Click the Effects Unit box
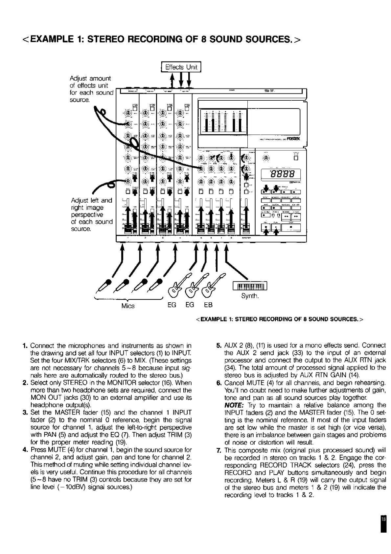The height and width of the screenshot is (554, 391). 181,67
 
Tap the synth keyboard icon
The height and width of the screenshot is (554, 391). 250,286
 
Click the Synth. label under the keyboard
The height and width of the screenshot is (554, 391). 250,296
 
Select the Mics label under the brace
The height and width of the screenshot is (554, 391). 128,306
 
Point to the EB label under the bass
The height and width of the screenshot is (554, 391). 208,305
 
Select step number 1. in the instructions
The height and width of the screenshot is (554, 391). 25,346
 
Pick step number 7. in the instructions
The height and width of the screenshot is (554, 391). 218,450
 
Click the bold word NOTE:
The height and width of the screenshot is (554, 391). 233,405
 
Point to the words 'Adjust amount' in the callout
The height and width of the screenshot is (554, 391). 90,78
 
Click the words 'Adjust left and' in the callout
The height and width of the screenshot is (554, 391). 91,200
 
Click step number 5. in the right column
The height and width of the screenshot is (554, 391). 218,346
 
